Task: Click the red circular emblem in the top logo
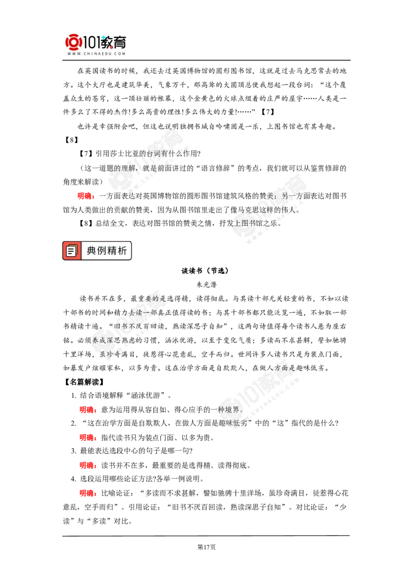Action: click(73, 42)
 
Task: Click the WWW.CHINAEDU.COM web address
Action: click(96, 54)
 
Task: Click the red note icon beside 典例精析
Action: click(72, 251)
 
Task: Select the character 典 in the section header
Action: click(91, 251)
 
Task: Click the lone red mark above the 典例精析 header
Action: click(86, 196)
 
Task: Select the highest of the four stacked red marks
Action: click(88, 410)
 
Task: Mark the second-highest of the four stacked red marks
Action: click(88, 438)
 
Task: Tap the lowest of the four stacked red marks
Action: click(88, 494)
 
